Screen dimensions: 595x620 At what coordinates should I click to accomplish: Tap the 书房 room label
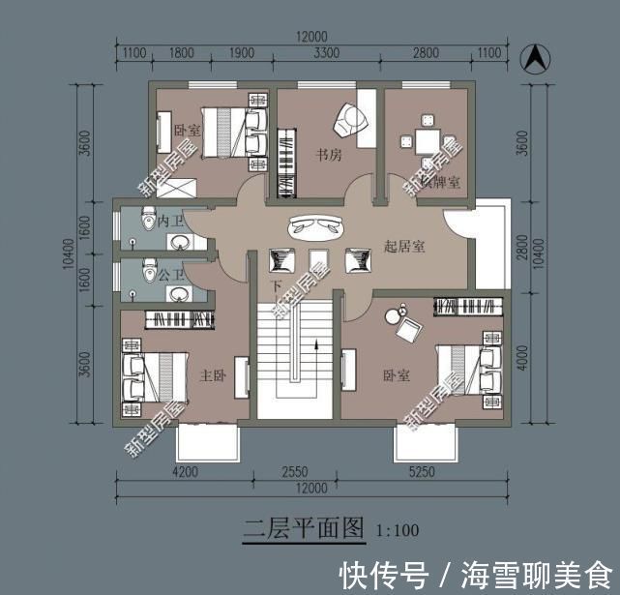pos(327,154)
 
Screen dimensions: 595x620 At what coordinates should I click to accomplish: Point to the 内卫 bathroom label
pos(170,221)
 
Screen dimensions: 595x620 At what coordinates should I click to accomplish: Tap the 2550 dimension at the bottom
pos(293,472)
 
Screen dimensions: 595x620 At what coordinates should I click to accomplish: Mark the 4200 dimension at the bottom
pos(185,472)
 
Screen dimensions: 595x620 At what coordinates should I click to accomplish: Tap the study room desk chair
pos(348,122)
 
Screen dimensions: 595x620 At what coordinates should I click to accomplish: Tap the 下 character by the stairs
pos(276,287)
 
